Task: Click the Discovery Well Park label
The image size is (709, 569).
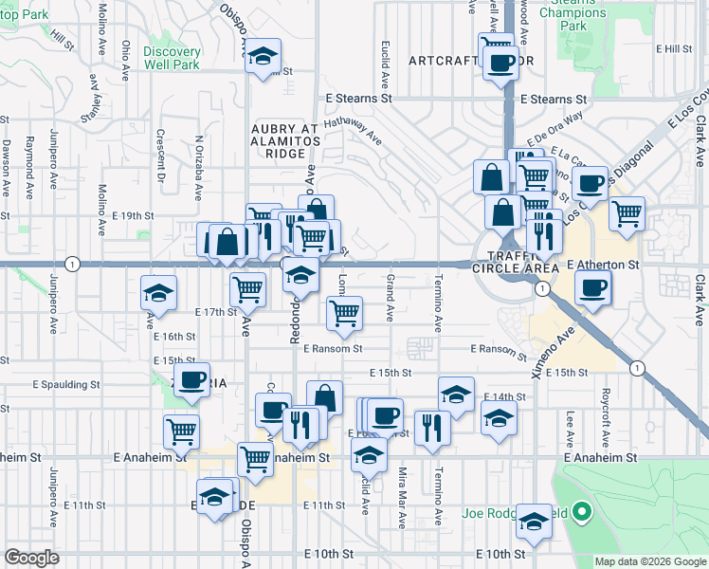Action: click(173, 58)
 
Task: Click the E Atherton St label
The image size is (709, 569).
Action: click(604, 268)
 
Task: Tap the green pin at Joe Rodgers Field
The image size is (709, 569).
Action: click(582, 515)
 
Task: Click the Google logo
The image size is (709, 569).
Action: click(31, 558)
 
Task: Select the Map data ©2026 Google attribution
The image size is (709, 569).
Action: click(650, 561)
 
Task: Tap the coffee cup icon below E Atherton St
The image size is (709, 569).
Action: click(591, 285)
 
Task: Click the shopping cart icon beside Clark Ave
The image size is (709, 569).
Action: click(627, 214)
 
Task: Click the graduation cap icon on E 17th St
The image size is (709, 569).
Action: click(158, 292)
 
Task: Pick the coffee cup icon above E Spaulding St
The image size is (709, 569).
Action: click(191, 378)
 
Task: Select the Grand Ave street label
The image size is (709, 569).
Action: click(391, 297)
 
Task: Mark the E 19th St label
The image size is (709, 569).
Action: click(132, 215)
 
